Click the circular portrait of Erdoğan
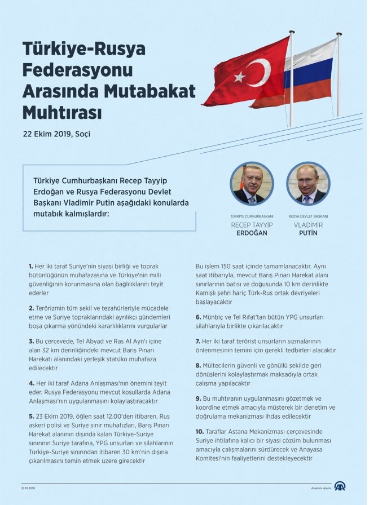[252, 184]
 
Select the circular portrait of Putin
[307, 184]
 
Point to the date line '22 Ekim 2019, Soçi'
[56, 135]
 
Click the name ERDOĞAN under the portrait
[252, 233]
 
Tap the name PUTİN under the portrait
[307, 233]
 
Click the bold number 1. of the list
[31, 265]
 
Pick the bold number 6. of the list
[199, 317]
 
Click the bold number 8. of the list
[199, 366]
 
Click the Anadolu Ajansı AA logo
[340, 486]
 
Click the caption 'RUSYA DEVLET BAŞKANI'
[308, 216]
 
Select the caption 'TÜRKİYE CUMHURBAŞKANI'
[252, 216]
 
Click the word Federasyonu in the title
[77, 70]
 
